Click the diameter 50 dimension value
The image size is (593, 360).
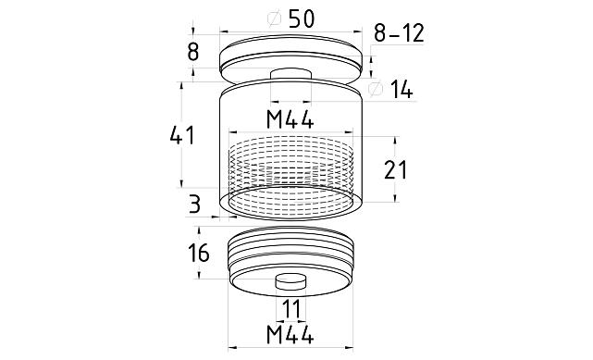click(x=301, y=19)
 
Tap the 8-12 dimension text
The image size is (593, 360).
click(x=399, y=33)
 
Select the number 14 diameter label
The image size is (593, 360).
click(x=402, y=90)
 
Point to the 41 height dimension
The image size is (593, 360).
click(x=182, y=135)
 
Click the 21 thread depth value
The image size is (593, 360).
click(x=395, y=169)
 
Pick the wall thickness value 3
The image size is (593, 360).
click(x=194, y=205)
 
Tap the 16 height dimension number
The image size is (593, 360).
click(x=199, y=253)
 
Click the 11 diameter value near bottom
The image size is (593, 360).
click(x=291, y=309)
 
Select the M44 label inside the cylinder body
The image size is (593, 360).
click(x=290, y=120)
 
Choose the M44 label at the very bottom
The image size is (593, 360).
click(x=290, y=334)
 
